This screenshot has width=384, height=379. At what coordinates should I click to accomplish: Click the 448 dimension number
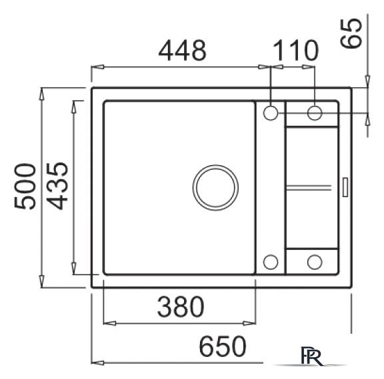[183, 51]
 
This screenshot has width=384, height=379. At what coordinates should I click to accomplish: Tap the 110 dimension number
[295, 51]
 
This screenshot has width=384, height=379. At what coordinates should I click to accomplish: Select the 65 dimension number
[351, 33]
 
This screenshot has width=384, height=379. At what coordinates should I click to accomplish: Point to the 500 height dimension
[25, 187]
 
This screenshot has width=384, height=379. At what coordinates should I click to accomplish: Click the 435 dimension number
[57, 186]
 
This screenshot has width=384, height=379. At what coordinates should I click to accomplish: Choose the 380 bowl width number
[181, 307]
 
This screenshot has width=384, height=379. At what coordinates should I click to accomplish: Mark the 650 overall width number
[222, 346]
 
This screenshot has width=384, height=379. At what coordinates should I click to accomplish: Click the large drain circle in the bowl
[215, 187]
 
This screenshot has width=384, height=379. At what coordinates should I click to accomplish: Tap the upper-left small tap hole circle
[271, 113]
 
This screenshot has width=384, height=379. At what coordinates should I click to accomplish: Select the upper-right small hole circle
[315, 113]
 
